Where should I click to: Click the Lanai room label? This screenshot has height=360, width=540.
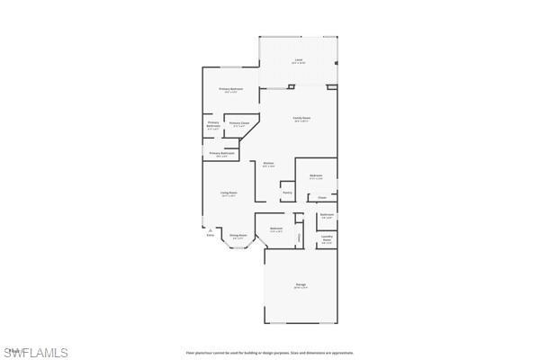coord(298,61)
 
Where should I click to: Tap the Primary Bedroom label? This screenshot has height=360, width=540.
coord(232,89)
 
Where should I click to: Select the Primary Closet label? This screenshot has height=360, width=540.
coord(238,123)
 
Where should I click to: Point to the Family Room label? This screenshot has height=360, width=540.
coord(301,118)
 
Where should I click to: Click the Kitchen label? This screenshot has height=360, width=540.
coord(268,163)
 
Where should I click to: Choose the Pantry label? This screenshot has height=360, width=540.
coord(287,192)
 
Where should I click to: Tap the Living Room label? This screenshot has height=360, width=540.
coord(229,193)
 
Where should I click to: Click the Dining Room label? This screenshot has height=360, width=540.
coord(238,236)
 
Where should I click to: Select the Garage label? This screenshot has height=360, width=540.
coord(301,285)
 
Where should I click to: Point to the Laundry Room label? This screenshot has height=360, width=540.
coord(327,239)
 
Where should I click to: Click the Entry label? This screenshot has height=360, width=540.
coord(211,236)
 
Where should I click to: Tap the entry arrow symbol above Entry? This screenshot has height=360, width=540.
coord(211,229)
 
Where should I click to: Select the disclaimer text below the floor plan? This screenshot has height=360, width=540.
coord(269,353)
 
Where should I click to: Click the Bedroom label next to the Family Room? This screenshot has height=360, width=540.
coord(316,175)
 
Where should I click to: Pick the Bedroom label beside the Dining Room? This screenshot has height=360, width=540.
coord(276,229)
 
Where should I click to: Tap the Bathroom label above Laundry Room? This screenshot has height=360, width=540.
coord(327,214)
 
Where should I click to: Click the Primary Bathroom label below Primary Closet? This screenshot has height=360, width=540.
coord(222,154)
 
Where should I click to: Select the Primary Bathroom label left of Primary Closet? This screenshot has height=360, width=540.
coord(213,124)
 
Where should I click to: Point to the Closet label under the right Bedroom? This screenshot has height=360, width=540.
coord(321,197)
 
